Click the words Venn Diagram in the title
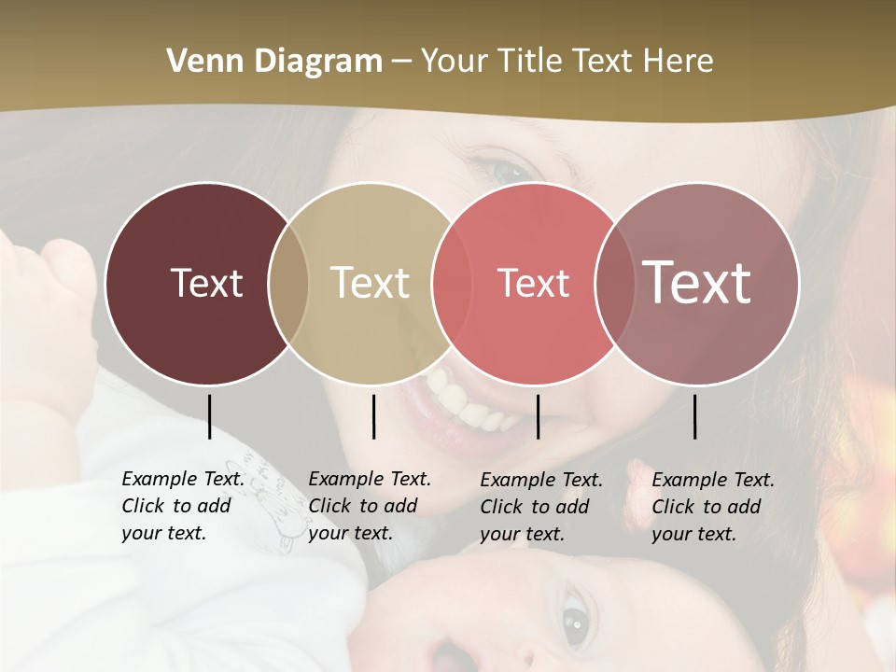[x=274, y=62]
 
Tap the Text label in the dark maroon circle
[x=206, y=283]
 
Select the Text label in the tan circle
[x=370, y=283]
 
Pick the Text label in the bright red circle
[x=533, y=283]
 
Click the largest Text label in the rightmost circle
[x=697, y=282]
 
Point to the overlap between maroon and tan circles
[x=288, y=283]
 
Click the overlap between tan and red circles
[x=451, y=283]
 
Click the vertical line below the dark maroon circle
[x=209, y=416]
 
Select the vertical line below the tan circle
[x=373, y=416]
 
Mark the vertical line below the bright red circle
[x=538, y=416]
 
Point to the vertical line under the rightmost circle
[x=694, y=416]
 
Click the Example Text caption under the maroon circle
[x=183, y=506]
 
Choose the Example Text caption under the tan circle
[x=370, y=506]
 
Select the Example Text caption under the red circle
[x=541, y=507]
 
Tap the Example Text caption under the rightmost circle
[x=713, y=507]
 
